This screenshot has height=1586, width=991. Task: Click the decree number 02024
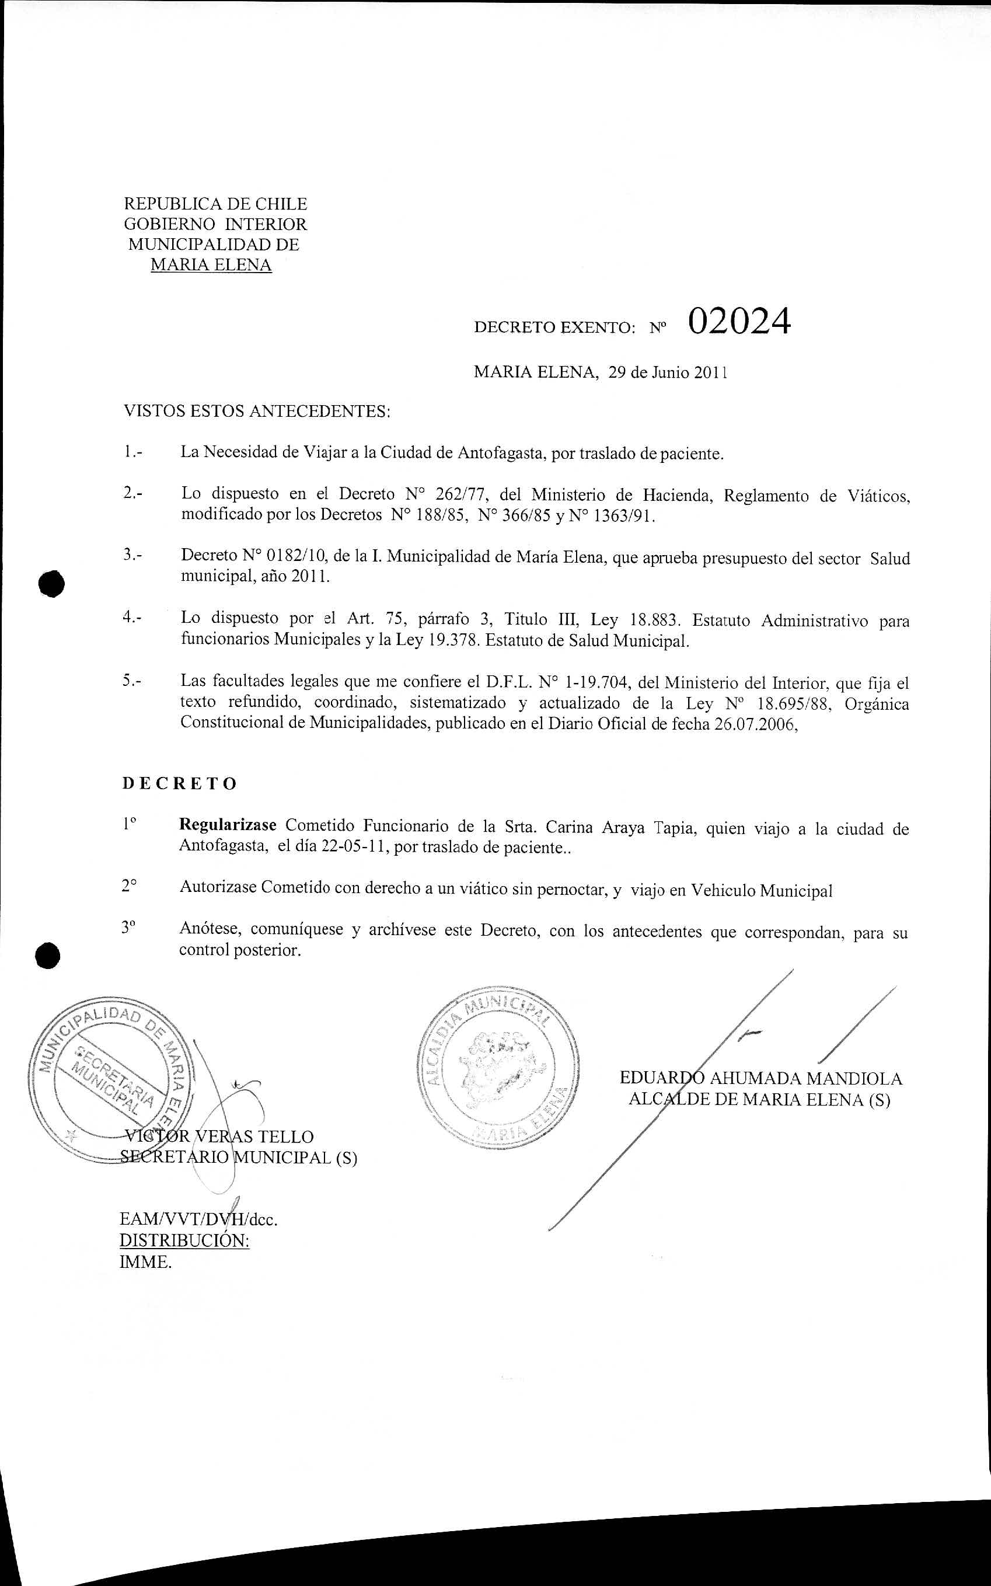[x=739, y=322]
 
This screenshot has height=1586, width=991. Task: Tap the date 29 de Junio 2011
[x=668, y=373]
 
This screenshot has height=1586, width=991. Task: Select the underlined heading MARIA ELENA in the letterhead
[x=211, y=265]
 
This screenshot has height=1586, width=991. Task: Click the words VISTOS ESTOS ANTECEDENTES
[x=257, y=412]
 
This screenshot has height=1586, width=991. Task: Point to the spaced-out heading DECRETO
[x=180, y=784]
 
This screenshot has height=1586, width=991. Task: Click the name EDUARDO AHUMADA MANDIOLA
[x=761, y=1079]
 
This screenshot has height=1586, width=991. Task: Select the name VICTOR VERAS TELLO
[x=219, y=1137]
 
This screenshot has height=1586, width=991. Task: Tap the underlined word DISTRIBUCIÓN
[x=184, y=1240]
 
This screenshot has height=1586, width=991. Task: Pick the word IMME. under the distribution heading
[x=145, y=1261]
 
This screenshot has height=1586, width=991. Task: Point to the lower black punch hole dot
[x=48, y=955]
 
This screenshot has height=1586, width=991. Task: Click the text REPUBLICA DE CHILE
[x=215, y=204]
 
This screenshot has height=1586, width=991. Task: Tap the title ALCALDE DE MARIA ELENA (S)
[x=759, y=1100]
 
